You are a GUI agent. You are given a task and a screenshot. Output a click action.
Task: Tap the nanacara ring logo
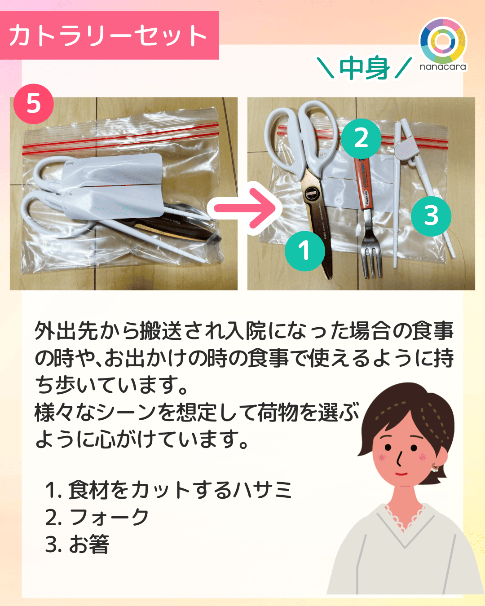point(443,41)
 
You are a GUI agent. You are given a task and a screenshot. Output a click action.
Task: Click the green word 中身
point(364,68)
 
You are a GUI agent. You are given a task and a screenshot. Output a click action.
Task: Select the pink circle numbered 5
point(34,104)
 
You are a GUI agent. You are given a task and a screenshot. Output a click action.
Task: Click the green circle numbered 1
point(304,250)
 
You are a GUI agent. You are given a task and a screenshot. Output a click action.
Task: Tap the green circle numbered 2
point(361,138)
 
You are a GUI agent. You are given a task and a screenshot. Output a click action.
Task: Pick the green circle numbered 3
point(431,216)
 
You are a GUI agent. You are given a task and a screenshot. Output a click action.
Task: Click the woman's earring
point(434,468)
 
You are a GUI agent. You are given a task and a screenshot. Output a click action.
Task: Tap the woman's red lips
point(401,474)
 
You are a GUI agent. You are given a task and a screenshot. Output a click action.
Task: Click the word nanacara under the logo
point(443,67)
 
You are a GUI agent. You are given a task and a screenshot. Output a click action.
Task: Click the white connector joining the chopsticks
point(406,149)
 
